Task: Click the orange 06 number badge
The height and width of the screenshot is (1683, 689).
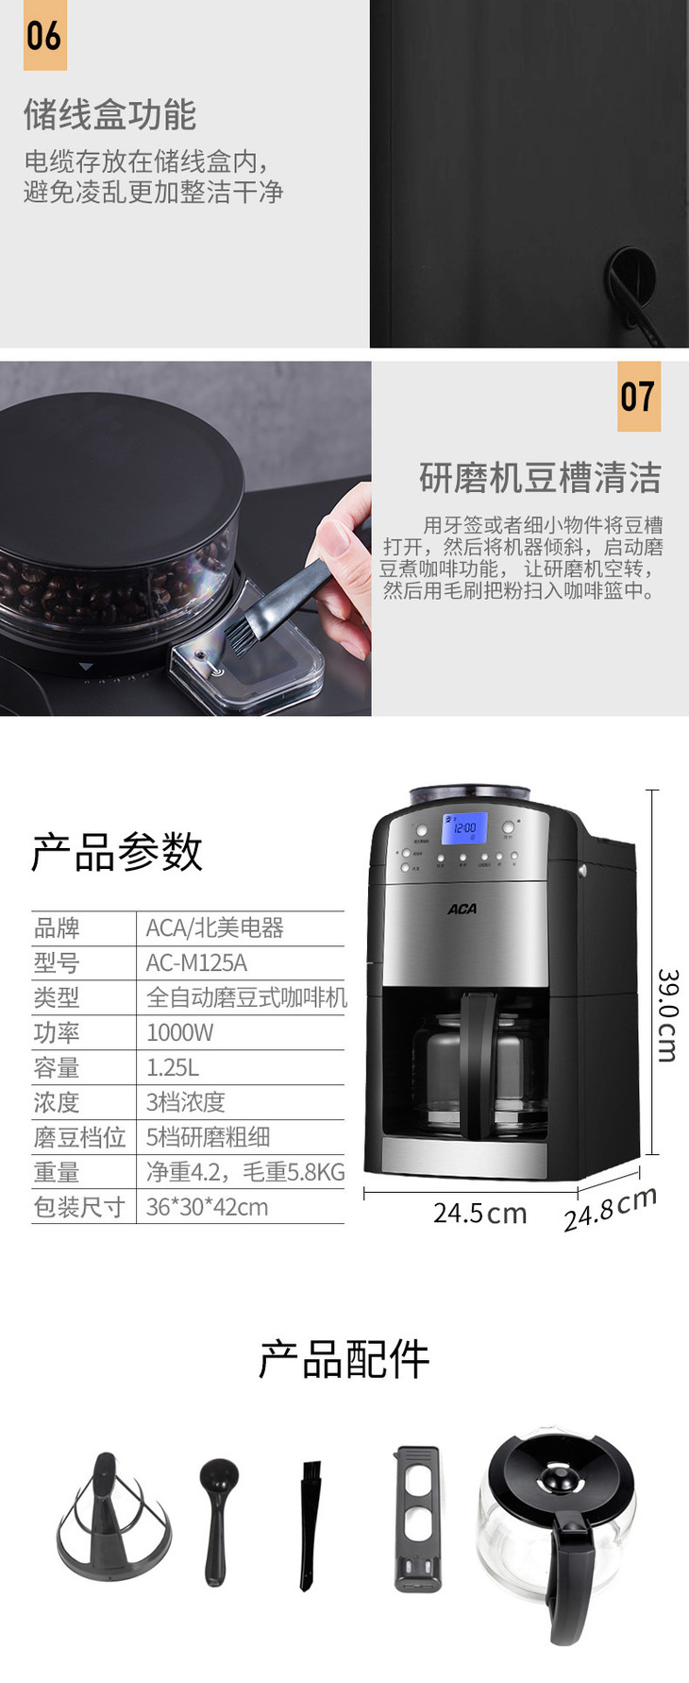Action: (44, 35)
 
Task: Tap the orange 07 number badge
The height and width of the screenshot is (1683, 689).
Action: (638, 396)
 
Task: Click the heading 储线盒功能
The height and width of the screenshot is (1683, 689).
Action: (109, 115)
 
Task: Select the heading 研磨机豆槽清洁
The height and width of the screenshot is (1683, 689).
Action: (540, 478)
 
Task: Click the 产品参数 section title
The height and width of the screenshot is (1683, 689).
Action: (117, 851)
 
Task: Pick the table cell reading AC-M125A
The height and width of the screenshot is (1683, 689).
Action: (196, 962)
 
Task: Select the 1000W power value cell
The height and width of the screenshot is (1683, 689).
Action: (179, 1032)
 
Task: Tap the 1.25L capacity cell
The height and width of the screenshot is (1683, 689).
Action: (173, 1067)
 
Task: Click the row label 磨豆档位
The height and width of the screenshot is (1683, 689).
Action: (79, 1137)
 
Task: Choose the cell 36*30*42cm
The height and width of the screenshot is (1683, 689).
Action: (207, 1207)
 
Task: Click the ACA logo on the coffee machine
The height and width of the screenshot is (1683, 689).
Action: (462, 909)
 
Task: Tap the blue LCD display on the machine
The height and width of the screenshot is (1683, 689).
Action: (464, 828)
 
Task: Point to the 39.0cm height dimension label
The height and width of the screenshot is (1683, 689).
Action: (667, 1015)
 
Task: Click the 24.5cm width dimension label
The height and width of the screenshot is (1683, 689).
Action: (479, 1213)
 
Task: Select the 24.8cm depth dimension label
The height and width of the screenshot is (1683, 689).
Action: (611, 1209)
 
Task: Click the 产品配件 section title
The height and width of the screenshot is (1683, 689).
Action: (344, 1359)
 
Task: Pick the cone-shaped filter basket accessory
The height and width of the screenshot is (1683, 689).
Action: (114, 1517)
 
